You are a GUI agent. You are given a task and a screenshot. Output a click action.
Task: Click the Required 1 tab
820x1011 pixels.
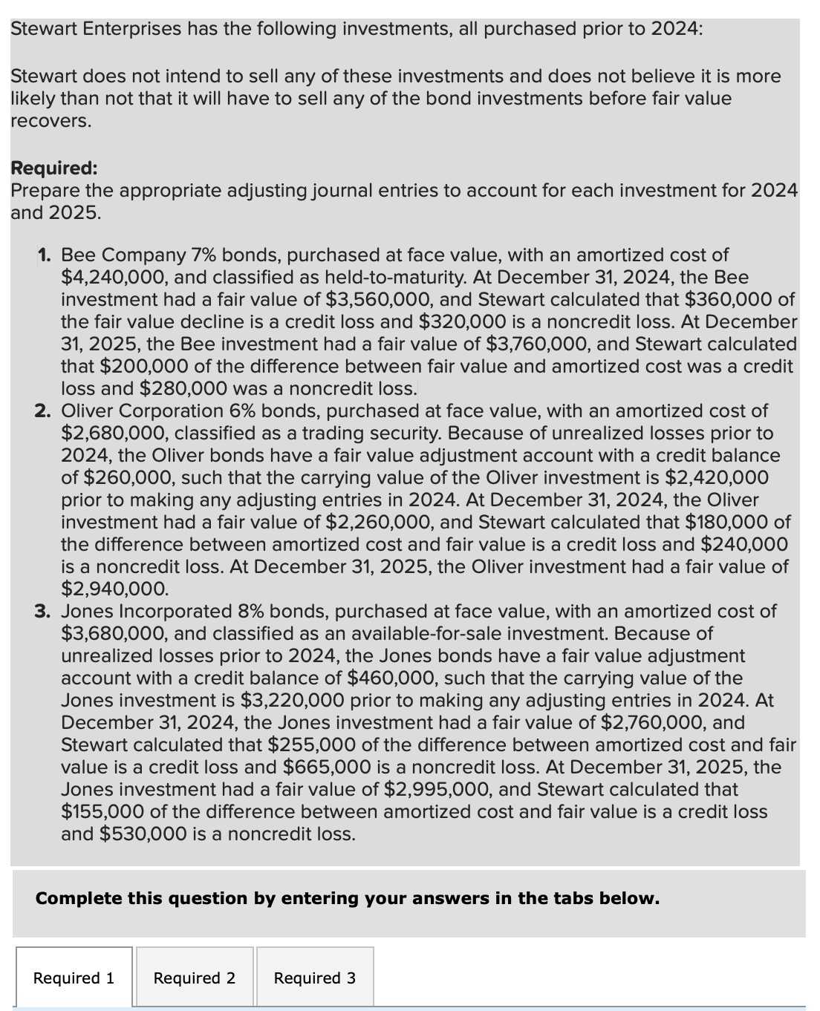click(x=74, y=978)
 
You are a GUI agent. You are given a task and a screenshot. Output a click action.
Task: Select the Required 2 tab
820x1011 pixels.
click(x=195, y=978)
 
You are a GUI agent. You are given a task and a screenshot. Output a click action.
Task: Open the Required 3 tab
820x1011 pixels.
click(x=315, y=978)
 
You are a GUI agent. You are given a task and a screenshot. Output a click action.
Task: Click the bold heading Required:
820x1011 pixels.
click(x=54, y=168)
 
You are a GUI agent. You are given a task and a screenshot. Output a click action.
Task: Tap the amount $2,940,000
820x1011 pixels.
click(x=114, y=589)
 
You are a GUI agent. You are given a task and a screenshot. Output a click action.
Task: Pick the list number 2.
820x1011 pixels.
click(x=43, y=410)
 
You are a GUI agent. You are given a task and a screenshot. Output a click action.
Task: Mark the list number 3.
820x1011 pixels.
click(x=43, y=611)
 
